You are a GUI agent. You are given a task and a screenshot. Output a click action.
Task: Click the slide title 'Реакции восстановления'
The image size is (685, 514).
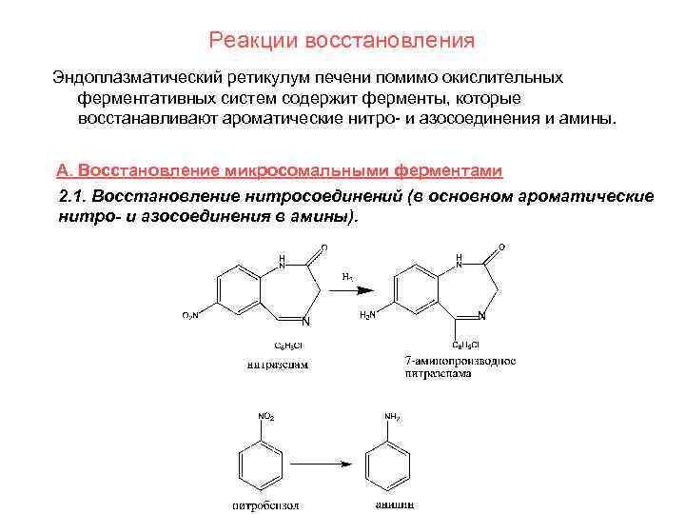coord(342,41)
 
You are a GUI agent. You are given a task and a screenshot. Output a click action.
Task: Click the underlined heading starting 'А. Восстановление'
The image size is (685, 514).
coord(279,170)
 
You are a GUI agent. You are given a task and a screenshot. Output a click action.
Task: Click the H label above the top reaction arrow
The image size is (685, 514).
coord(347,277)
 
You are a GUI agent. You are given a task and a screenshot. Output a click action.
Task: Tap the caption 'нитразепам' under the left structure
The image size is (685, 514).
coord(277,364)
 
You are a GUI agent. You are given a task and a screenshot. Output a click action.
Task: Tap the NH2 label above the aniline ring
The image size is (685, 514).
coord(392,416)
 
